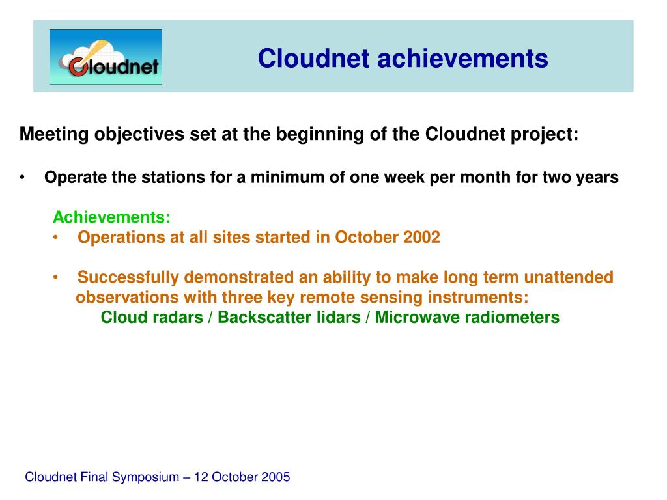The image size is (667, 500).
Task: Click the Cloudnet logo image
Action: [106, 57]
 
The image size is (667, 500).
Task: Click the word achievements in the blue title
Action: [463, 58]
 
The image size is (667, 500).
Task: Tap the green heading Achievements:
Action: [111, 217]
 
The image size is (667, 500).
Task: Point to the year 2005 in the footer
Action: [276, 477]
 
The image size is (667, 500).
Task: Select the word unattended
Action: [569, 277]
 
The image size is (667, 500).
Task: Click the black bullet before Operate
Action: [22, 178]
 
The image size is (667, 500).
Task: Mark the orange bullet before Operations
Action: [56, 238]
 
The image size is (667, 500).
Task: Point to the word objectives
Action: [139, 134]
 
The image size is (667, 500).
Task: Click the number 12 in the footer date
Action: [201, 477]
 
